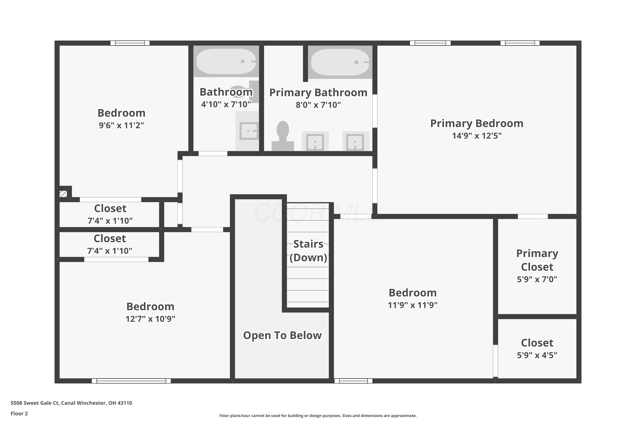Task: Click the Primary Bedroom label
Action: tap(477, 123)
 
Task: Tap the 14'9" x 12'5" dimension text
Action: tap(477, 136)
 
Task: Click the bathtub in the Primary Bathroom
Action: tap(340, 62)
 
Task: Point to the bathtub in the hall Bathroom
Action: tap(226, 61)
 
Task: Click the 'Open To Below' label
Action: tap(282, 335)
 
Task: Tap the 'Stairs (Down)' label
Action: tap(308, 251)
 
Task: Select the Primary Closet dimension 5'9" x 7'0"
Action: tap(537, 279)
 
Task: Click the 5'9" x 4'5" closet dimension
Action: tap(537, 355)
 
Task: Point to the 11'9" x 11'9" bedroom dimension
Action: tap(413, 305)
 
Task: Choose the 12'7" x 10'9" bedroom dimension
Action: tap(150, 319)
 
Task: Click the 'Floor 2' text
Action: tap(19, 413)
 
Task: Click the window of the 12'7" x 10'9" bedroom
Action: tap(131, 381)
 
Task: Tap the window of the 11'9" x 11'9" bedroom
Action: tap(353, 381)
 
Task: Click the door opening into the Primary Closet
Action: tap(533, 216)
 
